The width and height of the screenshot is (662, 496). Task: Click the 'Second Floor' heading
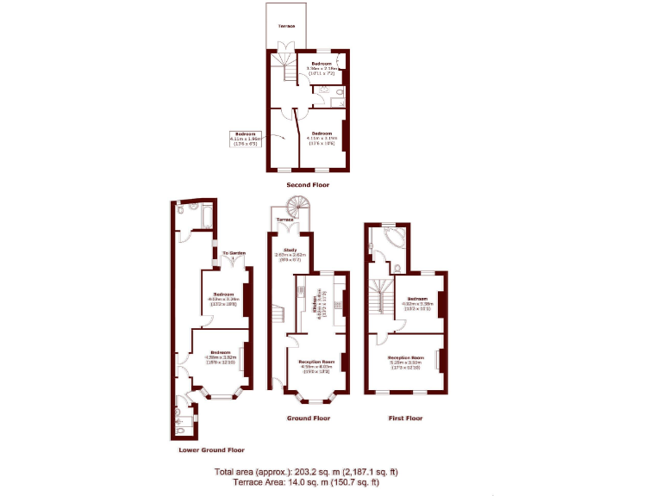(x=308, y=184)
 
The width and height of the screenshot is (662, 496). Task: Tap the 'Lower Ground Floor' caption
(x=211, y=449)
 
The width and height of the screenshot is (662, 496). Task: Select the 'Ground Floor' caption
(x=308, y=418)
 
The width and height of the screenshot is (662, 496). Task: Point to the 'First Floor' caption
(x=404, y=418)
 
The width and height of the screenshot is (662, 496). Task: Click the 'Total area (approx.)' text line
(x=306, y=472)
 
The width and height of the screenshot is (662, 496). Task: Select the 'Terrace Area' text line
(x=306, y=483)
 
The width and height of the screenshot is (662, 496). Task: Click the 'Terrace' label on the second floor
(x=286, y=27)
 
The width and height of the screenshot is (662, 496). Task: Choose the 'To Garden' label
(x=234, y=253)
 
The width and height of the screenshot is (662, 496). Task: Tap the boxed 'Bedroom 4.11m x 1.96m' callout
(x=247, y=138)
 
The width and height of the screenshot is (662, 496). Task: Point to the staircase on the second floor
(x=281, y=69)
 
